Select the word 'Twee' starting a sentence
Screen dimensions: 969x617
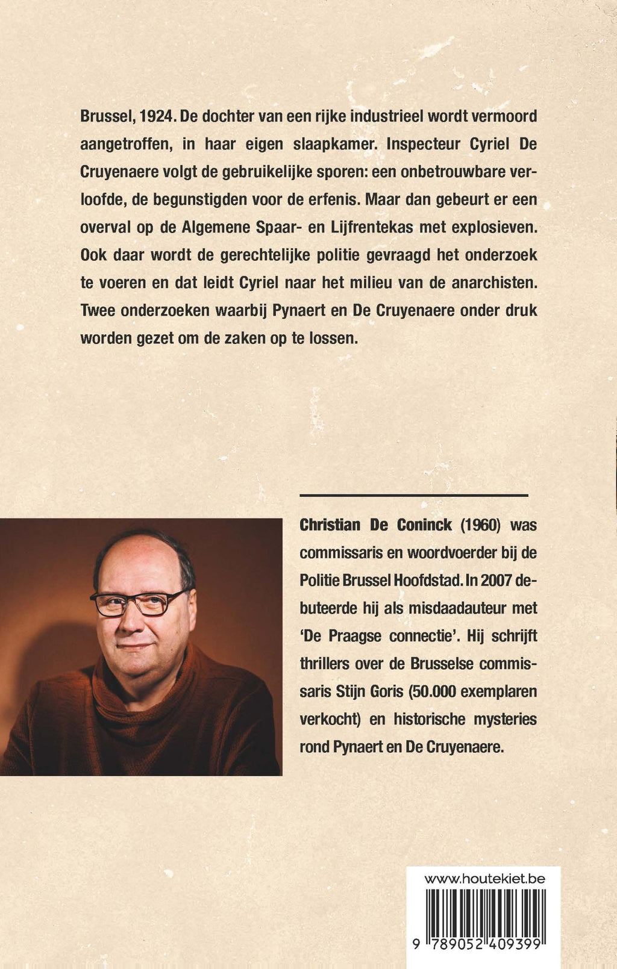pyautogui.click(x=98, y=310)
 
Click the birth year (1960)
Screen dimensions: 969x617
pyautogui.click(x=481, y=525)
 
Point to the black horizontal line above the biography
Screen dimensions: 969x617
pyautogui.click(x=413, y=495)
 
